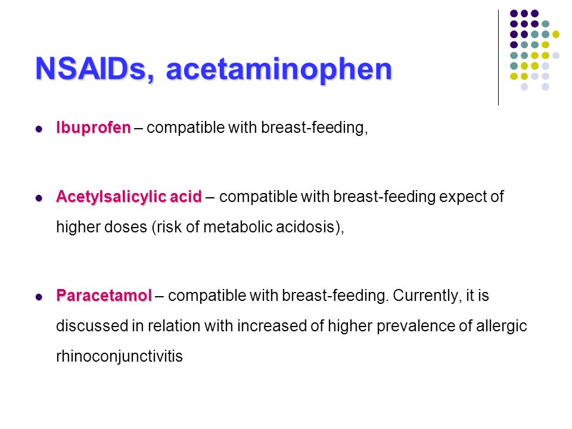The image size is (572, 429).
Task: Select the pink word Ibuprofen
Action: pyautogui.click(x=94, y=128)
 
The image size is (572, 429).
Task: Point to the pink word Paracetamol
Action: pyautogui.click(x=104, y=296)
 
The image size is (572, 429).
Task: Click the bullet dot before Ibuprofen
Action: pyautogui.click(x=39, y=129)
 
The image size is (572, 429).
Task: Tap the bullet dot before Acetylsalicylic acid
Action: pyautogui.click(x=39, y=198)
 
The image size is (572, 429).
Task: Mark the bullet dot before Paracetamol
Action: pyautogui.click(x=39, y=297)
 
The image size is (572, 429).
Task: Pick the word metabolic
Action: pyautogui.click(x=238, y=227)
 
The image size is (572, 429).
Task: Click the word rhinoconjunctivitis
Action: pyautogui.click(x=119, y=356)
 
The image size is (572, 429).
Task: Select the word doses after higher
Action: pyautogui.click(x=126, y=227)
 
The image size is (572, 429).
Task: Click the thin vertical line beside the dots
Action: pyautogui.click(x=498, y=58)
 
